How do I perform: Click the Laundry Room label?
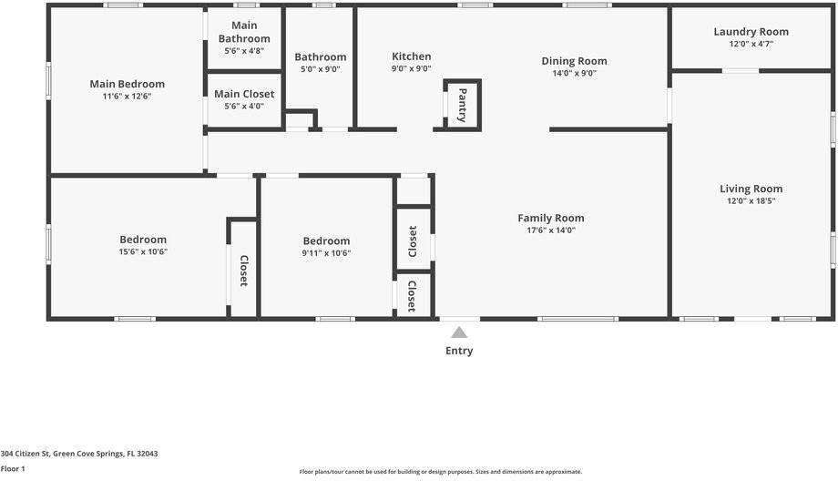(x=751, y=32)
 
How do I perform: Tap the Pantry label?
(x=463, y=104)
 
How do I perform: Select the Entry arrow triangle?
(x=459, y=333)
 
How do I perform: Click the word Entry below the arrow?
(x=459, y=351)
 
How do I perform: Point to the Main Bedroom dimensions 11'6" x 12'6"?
(x=127, y=96)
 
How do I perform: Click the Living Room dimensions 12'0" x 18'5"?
(x=751, y=201)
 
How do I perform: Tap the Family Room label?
(x=550, y=218)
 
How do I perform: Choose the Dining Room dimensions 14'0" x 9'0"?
(x=574, y=74)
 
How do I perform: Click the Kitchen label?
(x=411, y=56)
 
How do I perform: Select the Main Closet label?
(x=244, y=94)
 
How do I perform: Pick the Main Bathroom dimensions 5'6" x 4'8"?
(x=244, y=51)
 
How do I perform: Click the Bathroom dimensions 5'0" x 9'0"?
(x=320, y=69)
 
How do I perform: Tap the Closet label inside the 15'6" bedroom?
(x=243, y=271)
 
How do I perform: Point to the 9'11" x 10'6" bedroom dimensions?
(x=326, y=253)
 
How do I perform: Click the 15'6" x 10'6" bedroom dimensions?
(x=143, y=251)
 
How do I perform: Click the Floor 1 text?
(x=13, y=468)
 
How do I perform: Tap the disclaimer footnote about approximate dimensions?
(x=440, y=472)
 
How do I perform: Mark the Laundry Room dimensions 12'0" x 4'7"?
(x=751, y=44)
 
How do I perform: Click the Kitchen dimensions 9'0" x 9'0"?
(x=411, y=68)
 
